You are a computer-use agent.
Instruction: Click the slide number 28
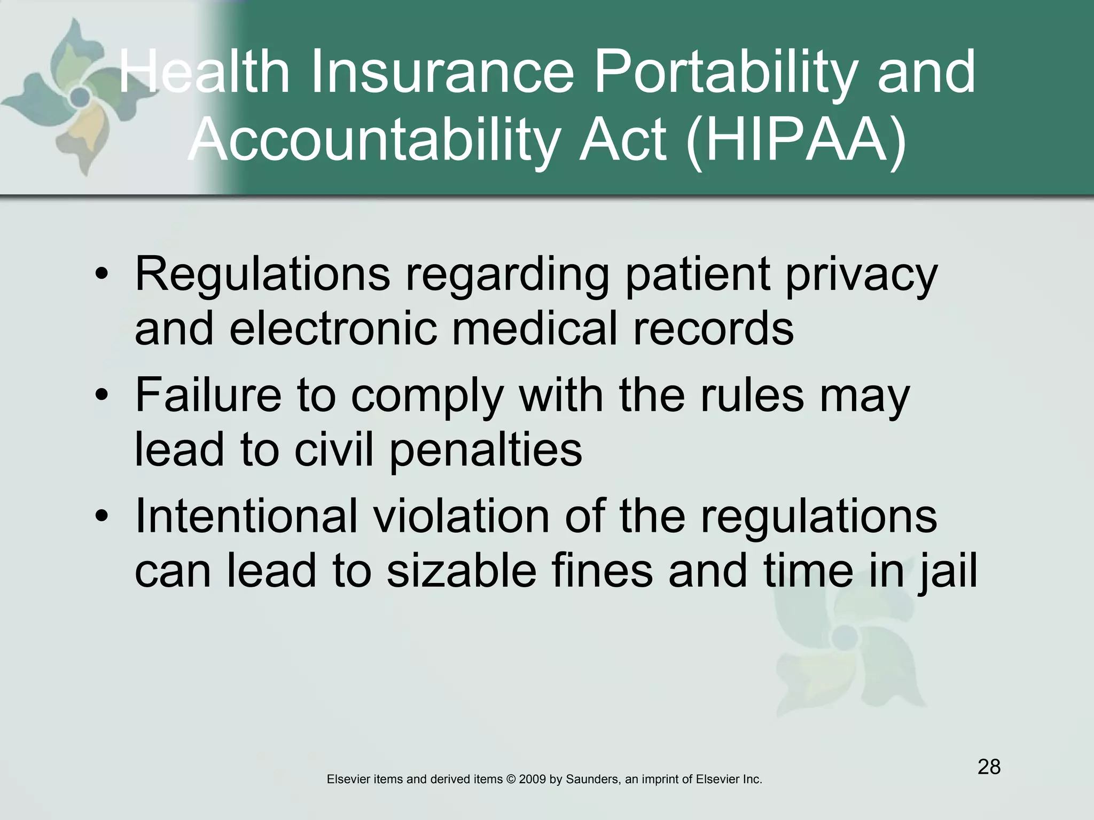(989, 767)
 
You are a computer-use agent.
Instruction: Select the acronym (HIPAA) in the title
(796, 140)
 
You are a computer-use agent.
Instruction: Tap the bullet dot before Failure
(102, 397)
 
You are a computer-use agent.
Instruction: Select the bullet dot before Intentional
(102, 517)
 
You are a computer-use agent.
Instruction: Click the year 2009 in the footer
(532, 779)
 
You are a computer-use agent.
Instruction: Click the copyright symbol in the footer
(511, 779)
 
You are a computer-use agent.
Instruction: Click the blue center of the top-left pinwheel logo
(80, 97)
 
